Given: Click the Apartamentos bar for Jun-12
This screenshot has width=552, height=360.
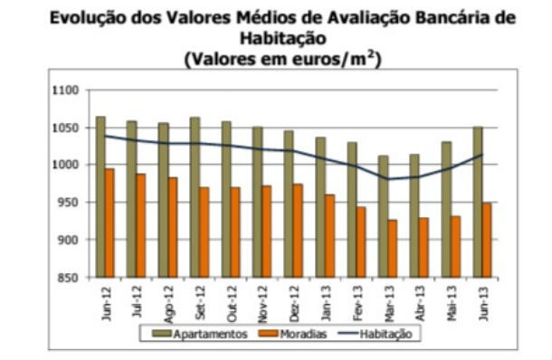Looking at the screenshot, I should [100, 196].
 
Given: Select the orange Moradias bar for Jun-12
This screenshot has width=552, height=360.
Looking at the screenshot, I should [109, 223].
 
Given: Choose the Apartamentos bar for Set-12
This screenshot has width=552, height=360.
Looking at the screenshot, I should [195, 196].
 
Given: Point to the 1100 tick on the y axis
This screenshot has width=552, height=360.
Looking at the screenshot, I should [68, 90].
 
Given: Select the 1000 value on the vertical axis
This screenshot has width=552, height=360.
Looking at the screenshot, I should [68, 165].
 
